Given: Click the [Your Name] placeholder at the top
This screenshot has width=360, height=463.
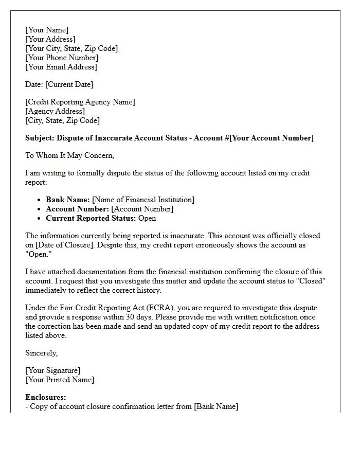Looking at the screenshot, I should pyautogui.click(x=47, y=30).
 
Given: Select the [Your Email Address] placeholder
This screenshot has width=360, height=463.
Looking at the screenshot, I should pyautogui.click(x=61, y=67).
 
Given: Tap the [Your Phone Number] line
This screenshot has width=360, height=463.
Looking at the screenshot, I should pyautogui.click(x=61, y=58).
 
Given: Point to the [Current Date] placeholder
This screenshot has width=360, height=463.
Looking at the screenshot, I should pyautogui.click(x=69, y=84).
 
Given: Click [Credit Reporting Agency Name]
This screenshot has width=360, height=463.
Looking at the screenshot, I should pyautogui.click(x=80, y=102).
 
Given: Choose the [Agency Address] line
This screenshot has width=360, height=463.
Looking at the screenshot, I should pyautogui.click(x=55, y=111).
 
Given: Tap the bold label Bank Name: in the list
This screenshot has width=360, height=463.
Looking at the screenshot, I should pyautogui.click(x=68, y=200).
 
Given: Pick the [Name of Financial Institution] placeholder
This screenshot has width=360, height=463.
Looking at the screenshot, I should pyautogui.click(x=143, y=200).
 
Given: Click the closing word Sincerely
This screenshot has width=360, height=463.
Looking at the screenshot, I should pyautogui.click(x=41, y=353).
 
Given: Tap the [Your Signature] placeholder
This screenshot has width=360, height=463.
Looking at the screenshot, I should pyautogui.click(x=52, y=370).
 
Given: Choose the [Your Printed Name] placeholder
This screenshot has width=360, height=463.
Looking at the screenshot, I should pyautogui.click(x=60, y=380).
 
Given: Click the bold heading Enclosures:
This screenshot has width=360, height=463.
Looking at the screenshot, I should pyautogui.click(x=46, y=397).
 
